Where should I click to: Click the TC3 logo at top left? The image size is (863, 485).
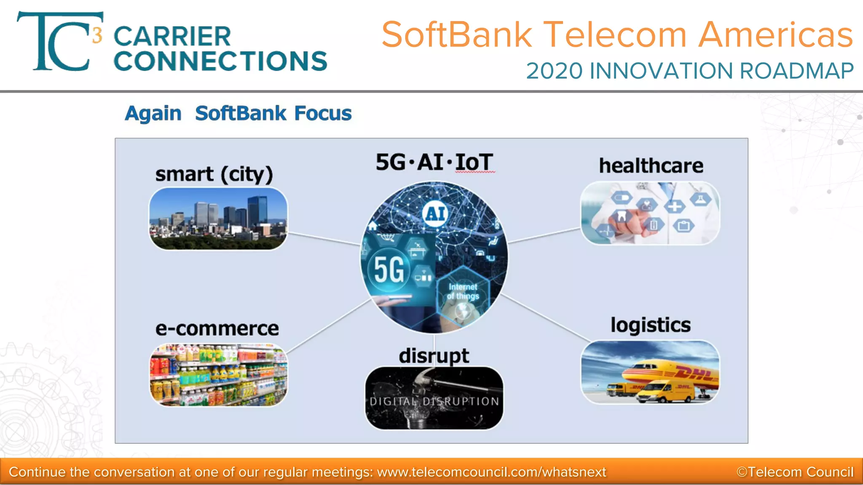[59, 42]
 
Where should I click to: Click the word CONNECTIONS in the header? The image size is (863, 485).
[220, 61]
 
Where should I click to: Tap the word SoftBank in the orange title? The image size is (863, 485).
[457, 35]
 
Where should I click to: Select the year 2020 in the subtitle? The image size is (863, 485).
[554, 71]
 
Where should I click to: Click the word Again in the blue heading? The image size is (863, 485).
[153, 114]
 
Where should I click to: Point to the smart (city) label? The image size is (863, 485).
[214, 174]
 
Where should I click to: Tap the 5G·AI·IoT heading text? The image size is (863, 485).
[434, 163]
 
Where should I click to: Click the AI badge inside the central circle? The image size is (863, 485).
[435, 214]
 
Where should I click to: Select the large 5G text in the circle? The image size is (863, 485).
[389, 269]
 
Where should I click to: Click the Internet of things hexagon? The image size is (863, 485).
[463, 291]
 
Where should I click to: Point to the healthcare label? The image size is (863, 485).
[651, 165]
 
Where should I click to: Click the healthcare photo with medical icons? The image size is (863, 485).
[650, 213]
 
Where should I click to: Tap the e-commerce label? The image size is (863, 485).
[217, 328]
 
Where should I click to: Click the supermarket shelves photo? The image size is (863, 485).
[218, 375]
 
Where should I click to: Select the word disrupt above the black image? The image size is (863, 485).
[434, 356]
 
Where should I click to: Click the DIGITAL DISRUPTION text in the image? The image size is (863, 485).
[434, 401]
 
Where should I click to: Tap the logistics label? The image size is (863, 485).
[651, 325]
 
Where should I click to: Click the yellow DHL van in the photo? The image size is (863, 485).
[666, 392]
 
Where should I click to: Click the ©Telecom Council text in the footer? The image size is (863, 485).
[795, 472]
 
